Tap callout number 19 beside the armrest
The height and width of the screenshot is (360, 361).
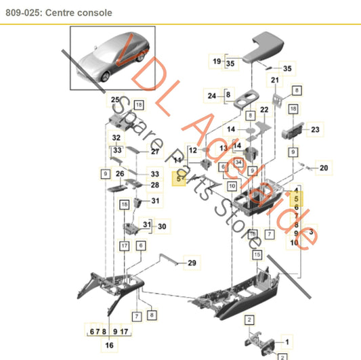click(217, 61)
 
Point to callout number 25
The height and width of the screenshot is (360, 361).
click(114, 99)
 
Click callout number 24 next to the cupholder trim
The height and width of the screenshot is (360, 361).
click(212, 95)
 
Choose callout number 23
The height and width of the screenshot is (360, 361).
click(314, 129)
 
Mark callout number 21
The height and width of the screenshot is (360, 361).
click(274, 81)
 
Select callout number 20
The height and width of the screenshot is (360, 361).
click(323, 168)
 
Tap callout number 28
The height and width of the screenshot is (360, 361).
click(154, 185)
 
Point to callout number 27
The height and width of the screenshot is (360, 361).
click(154, 152)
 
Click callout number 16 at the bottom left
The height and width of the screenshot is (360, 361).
click(108, 345)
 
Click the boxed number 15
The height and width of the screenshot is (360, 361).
click(257, 254)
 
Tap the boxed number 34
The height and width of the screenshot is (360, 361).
click(238, 162)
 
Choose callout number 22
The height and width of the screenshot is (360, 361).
click(263, 110)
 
